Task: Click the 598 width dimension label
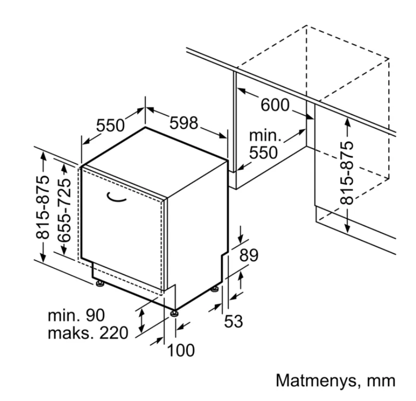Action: [x=183, y=123]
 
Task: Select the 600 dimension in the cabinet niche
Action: [x=275, y=104]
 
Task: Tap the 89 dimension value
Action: [x=249, y=255]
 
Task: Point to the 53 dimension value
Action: [x=234, y=321]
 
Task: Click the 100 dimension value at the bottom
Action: [x=181, y=350]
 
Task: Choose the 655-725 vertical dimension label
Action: [x=65, y=210]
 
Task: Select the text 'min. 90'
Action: [x=76, y=315]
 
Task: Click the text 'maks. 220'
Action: [x=88, y=333]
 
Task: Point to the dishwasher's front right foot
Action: [x=174, y=313]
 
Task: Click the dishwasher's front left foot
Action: [x=100, y=284]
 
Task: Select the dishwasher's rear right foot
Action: [x=215, y=289]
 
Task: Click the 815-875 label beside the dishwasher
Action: [x=42, y=207]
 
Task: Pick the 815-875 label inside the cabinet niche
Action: [x=347, y=173]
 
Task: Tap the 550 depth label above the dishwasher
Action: [x=110, y=125]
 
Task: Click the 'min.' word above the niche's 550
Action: [x=265, y=135]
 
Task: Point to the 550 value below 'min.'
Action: [x=263, y=152]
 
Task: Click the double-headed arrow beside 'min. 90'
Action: [x=142, y=320]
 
